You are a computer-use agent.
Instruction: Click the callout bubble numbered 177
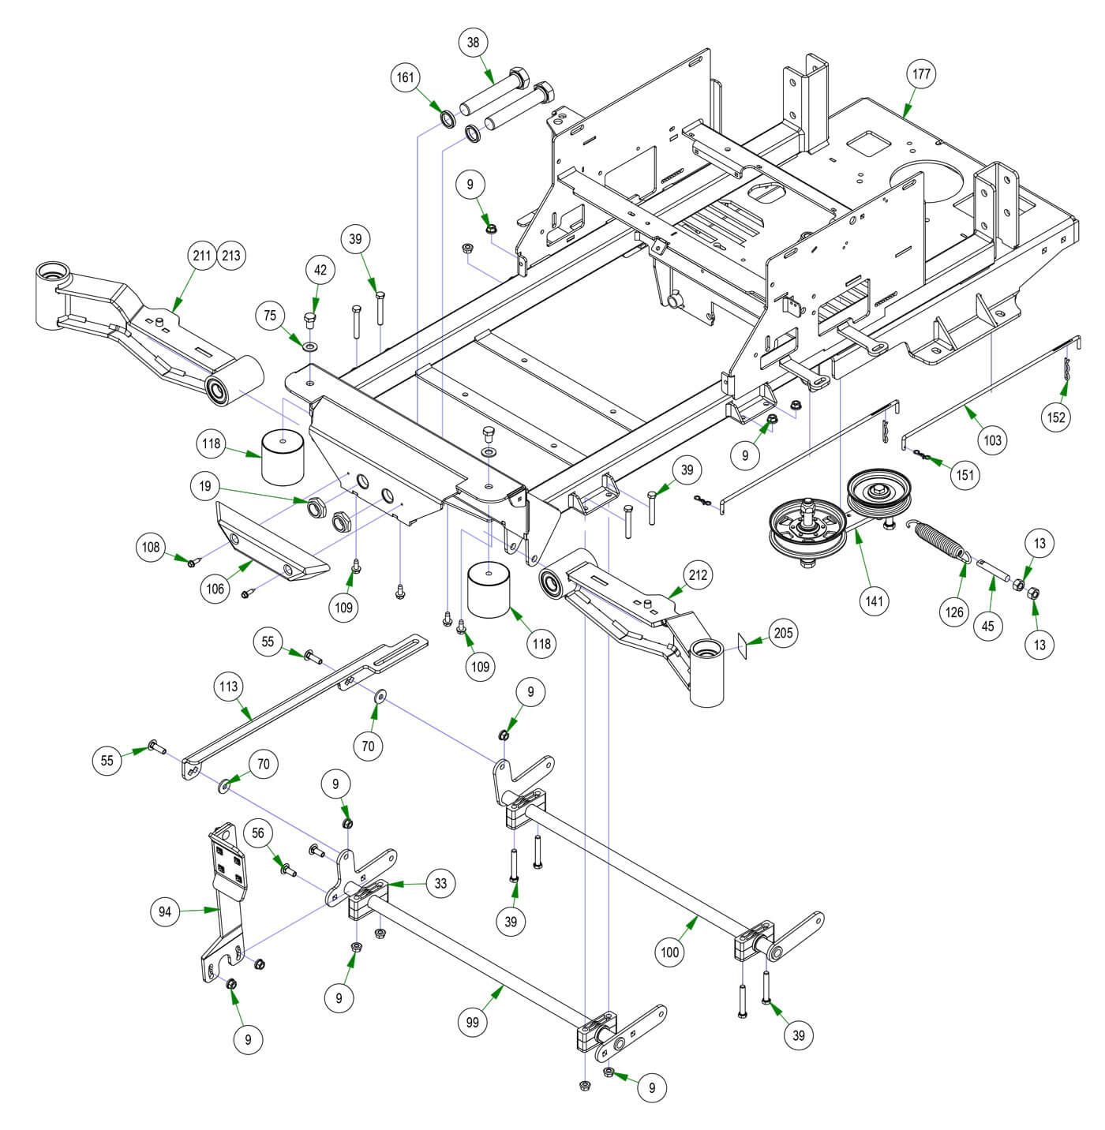921,75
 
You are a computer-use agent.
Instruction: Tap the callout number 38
473,42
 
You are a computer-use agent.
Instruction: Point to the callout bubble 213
232,256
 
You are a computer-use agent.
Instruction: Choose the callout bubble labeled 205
785,633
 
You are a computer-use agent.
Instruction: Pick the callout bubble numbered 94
165,912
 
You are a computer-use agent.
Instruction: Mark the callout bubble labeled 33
440,883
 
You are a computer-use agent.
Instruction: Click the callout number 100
669,952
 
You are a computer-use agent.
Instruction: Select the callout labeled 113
229,687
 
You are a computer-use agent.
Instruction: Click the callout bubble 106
215,588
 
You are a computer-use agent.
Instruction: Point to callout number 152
1056,417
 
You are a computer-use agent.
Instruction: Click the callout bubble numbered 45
987,626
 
